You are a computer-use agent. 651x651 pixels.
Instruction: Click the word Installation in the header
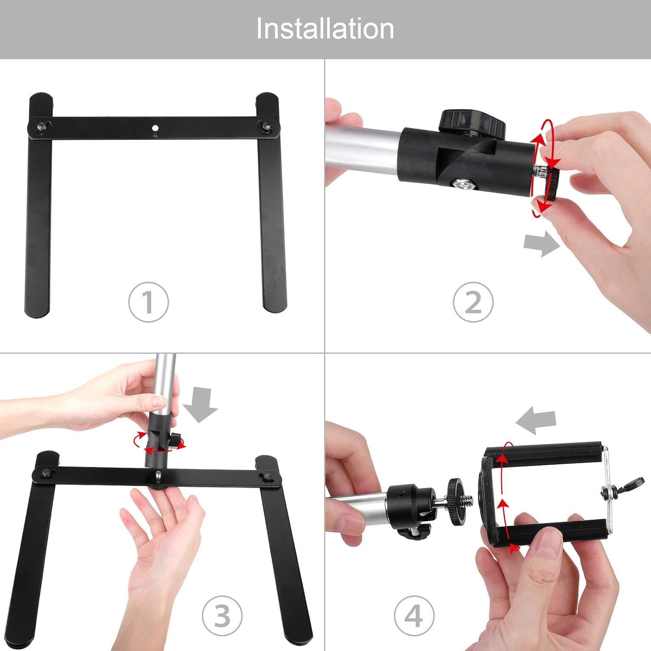click(x=325, y=29)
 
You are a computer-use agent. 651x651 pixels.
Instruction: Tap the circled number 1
click(x=148, y=302)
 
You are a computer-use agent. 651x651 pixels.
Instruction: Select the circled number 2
click(x=473, y=302)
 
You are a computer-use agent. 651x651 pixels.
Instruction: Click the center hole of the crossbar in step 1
click(x=155, y=128)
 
